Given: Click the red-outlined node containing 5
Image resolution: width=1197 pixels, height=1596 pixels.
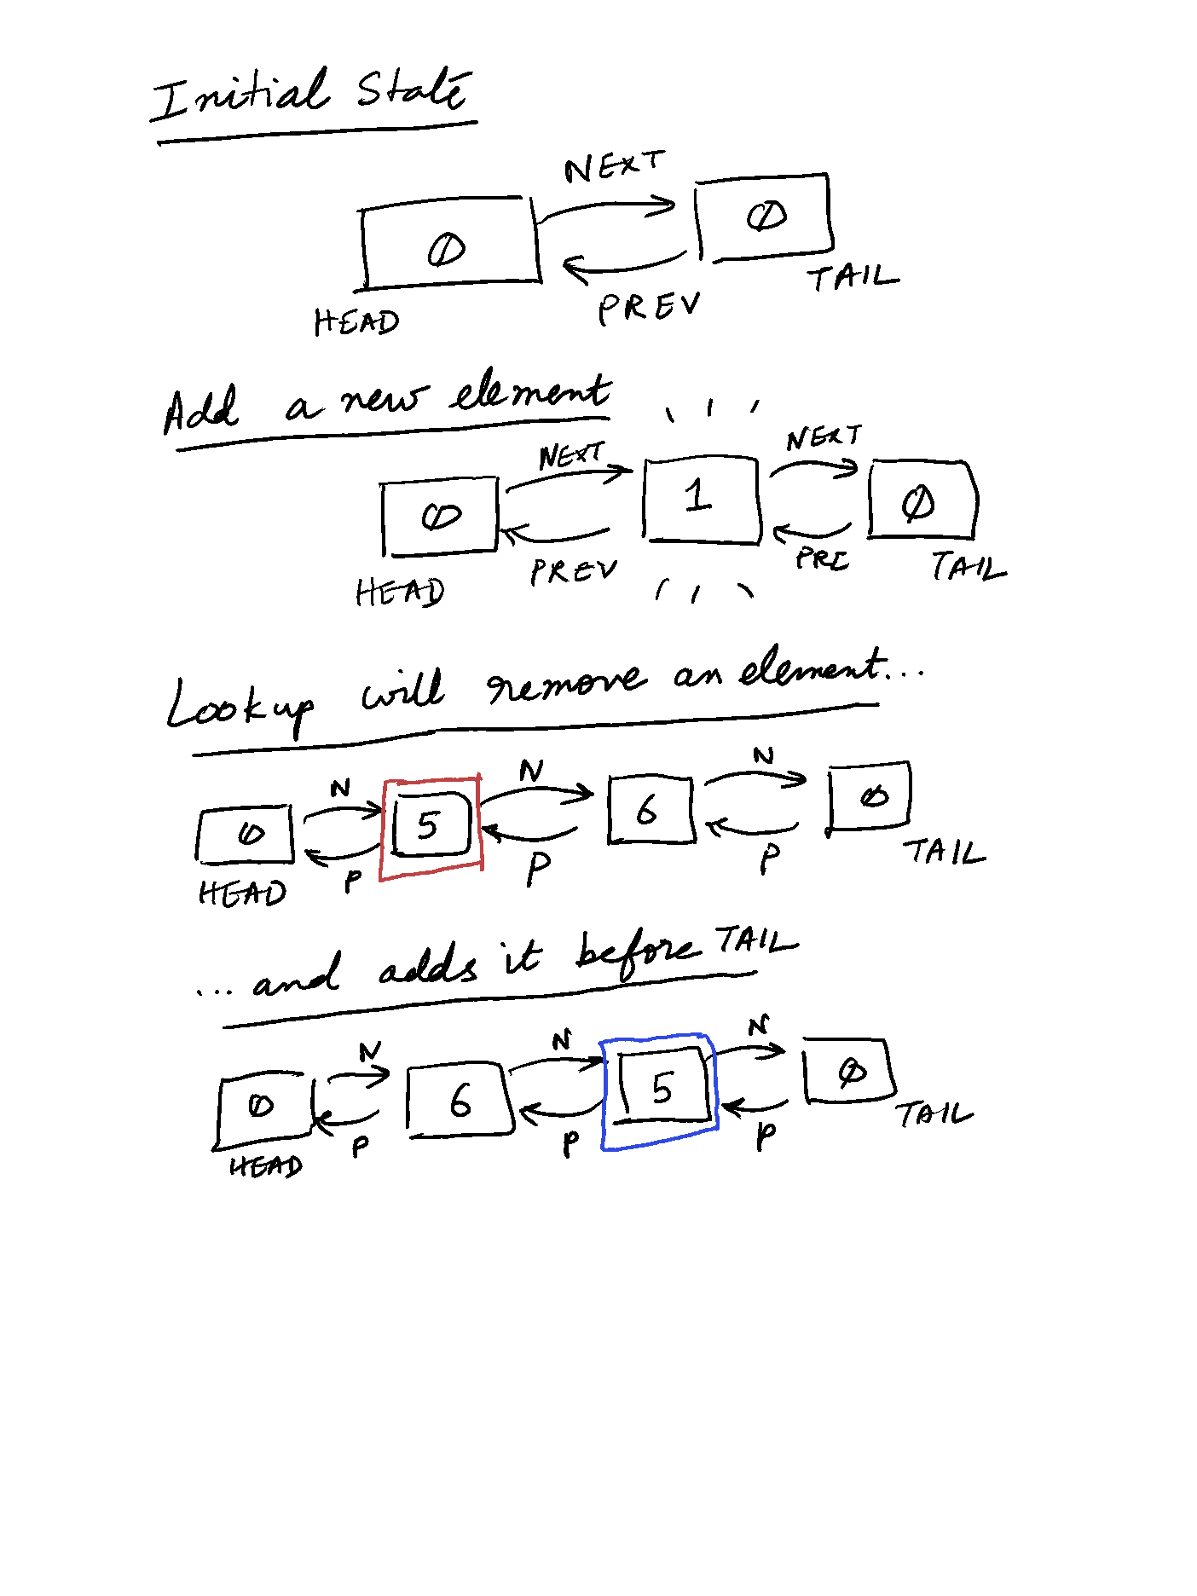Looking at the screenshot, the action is (431, 826).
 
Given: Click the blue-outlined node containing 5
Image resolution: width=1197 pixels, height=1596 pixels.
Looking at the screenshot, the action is (660, 1090).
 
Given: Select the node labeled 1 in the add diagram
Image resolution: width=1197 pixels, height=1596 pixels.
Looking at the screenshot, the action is (701, 499).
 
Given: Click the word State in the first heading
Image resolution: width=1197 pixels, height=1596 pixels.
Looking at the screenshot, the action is (413, 89).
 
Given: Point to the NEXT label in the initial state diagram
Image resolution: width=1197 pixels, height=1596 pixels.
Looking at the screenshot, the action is (613, 166).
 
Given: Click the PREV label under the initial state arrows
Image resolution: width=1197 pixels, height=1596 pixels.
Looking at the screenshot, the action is (649, 307).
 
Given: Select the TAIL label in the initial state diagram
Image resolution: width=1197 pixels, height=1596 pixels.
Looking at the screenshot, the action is (852, 277).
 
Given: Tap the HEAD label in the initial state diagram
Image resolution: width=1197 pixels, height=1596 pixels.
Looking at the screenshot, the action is (356, 322).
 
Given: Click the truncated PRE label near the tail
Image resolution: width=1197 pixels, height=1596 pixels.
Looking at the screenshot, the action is (822, 559).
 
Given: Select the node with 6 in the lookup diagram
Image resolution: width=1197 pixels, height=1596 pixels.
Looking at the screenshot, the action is (650, 809).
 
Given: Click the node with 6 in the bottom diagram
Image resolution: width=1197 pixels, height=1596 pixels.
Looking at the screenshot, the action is (460, 1099).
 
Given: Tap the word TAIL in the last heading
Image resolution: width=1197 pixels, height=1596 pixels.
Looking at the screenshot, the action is (755, 942).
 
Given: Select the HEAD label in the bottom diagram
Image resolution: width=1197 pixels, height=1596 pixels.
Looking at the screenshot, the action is (266, 1165).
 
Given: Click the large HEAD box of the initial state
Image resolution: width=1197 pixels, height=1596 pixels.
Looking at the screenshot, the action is (449, 245).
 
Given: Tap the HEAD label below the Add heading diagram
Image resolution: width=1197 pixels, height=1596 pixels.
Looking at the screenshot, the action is (400, 591).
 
